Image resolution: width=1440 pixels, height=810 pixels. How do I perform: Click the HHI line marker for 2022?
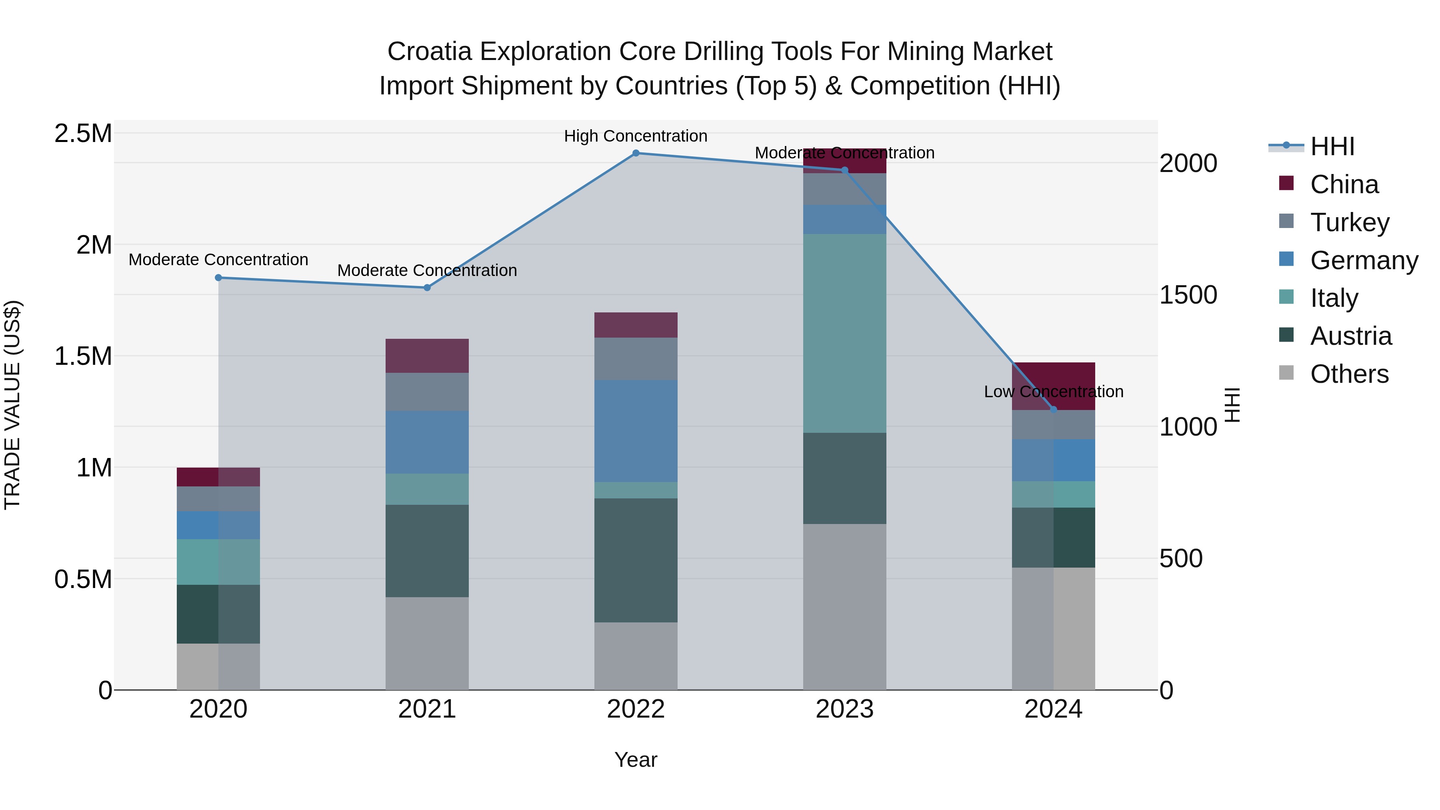[x=636, y=153]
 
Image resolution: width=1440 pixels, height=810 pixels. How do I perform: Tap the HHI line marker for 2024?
[x=1054, y=410]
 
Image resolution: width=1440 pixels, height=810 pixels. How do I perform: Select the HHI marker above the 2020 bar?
[x=218, y=278]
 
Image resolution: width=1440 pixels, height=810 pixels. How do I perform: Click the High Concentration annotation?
[x=636, y=136]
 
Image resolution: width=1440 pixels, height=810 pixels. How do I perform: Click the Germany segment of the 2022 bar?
[x=636, y=431]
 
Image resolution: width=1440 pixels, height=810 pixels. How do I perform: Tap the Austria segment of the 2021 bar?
[x=427, y=551]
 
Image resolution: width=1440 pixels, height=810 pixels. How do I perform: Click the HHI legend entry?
[x=1332, y=146]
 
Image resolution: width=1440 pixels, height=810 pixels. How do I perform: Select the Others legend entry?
[x=1349, y=374]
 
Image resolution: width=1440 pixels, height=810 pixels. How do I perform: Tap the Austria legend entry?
[x=1350, y=336]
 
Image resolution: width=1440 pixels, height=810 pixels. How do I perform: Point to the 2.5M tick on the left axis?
[x=83, y=134]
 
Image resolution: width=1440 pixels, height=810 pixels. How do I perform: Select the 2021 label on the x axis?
[x=427, y=709]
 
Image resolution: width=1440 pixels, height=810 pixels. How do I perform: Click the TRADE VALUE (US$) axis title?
[x=13, y=405]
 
